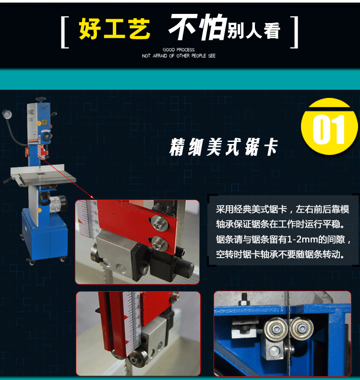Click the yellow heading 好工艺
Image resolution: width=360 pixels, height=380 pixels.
(114, 29)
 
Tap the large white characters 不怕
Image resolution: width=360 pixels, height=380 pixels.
(198, 27)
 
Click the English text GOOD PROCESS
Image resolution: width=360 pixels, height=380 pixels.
(179, 50)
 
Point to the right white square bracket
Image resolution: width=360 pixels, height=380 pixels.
(295, 32)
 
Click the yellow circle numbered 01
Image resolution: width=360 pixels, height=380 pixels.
(329, 127)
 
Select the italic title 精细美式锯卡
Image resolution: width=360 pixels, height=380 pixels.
(224, 147)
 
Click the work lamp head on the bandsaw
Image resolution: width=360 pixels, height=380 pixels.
(7, 113)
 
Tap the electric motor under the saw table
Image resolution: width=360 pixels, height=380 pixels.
(58, 202)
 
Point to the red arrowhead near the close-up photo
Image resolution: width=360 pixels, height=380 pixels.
(92, 197)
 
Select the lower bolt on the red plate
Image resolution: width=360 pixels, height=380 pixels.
(159, 243)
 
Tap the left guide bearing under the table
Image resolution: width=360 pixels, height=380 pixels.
(276, 329)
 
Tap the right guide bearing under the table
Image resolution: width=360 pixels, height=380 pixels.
(301, 328)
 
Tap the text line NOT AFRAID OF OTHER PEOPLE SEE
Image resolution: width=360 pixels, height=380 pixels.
(179, 56)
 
